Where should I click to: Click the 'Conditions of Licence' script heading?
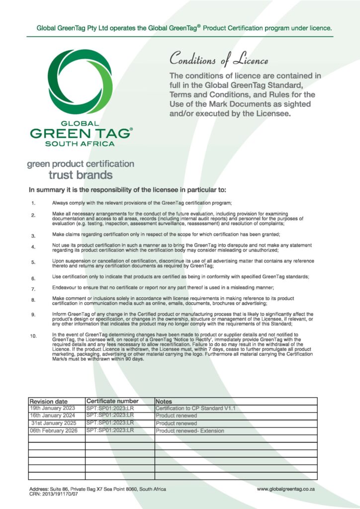(x=219, y=60)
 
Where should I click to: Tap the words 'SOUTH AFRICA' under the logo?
(x=80, y=144)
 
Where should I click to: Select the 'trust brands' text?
(x=80, y=175)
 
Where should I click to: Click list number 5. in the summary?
(x=33, y=262)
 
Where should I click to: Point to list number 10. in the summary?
(x=33, y=337)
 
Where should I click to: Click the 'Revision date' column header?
(x=48, y=401)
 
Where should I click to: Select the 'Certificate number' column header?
(x=112, y=401)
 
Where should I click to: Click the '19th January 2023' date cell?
(x=52, y=408)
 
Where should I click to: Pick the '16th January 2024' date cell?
(x=52, y=416)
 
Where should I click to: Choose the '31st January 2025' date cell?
(x=53, y=423)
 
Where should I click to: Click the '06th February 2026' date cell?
(x=53, y=430)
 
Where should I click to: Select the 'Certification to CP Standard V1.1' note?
(x=195, y=409)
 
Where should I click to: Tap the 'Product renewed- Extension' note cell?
(x=190, y=431)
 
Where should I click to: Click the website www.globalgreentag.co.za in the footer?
(x=286, y=489)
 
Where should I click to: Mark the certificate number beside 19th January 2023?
(x=110, y=408)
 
